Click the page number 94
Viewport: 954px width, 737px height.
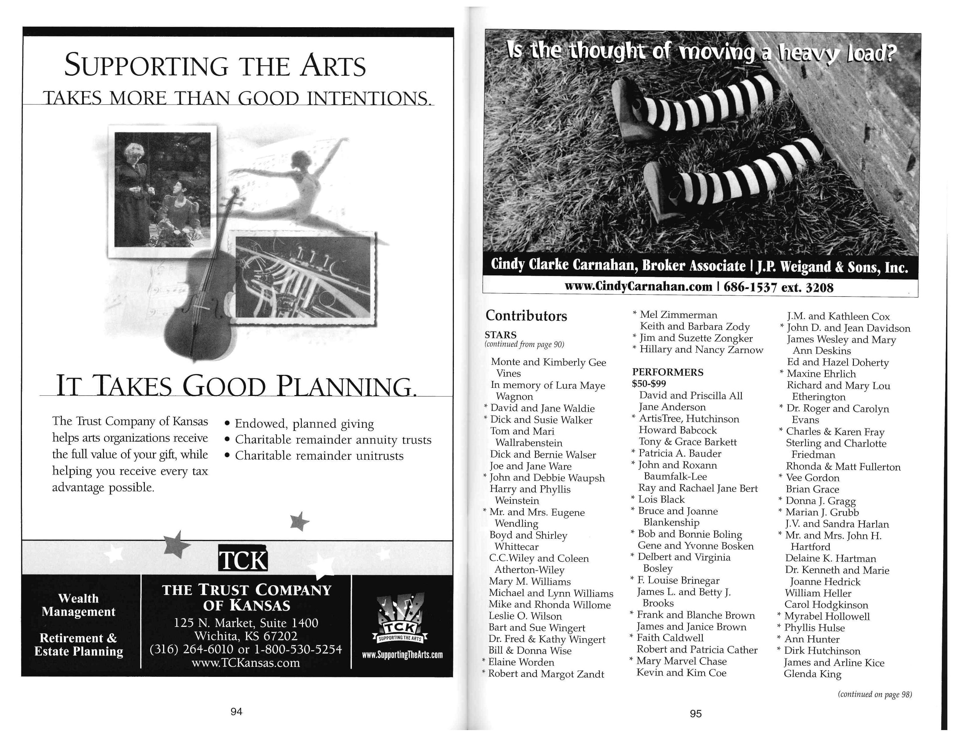pyautogui.click(x=236, y=711)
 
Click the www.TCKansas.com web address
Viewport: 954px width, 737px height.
pyautogui.click(x=245, y=663)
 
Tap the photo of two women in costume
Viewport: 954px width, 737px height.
pyautogui.click(x=162, y=190)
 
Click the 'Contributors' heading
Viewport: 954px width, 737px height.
pyautogui.click(x=526, y=316)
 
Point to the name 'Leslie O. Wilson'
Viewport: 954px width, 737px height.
pyautogui.click(x=525, y=616)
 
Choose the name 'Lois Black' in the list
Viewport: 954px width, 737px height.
pyautogui.click(x=661, y=499)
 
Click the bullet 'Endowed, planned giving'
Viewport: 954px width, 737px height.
pyautogui.click(x=304, y=423)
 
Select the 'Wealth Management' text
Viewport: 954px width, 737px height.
pyautogui.click(x=79, y=605)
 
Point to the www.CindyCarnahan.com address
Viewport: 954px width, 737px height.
pyautogui.click(x=638, y=287)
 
